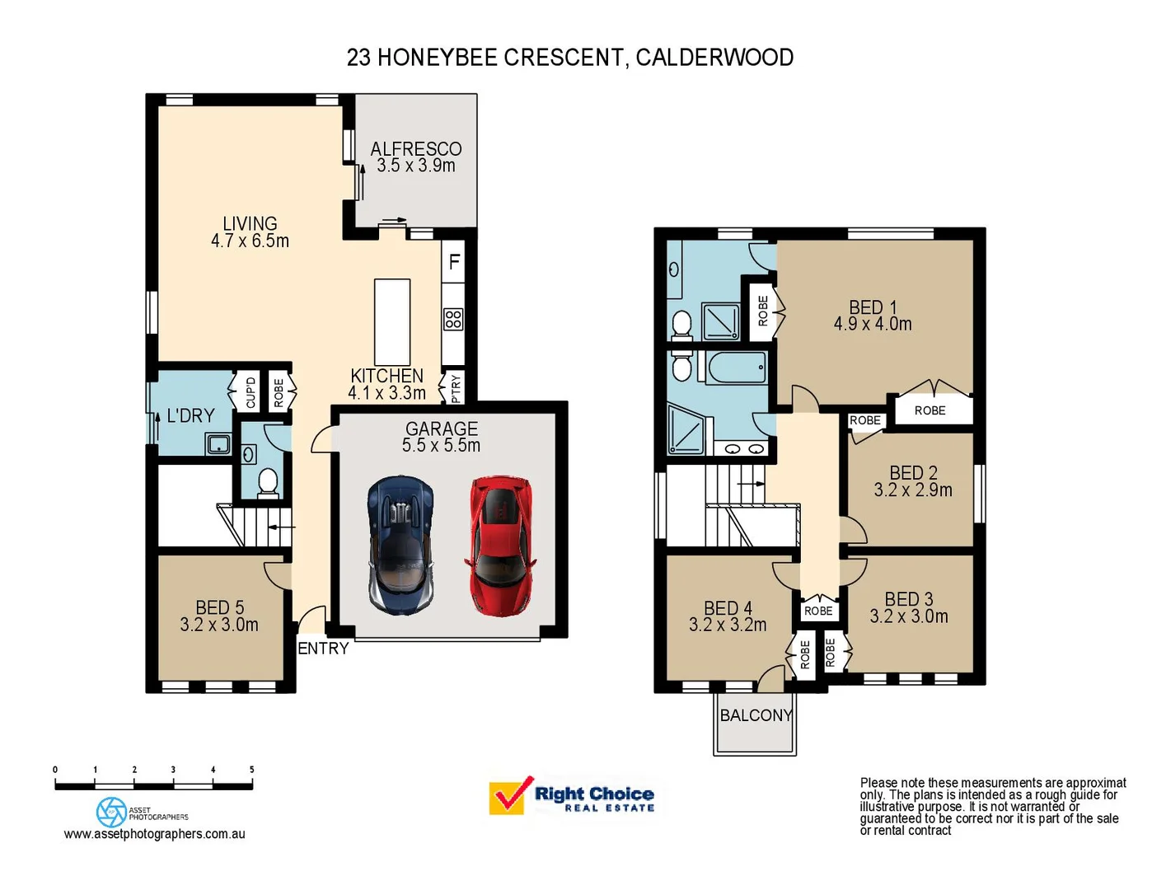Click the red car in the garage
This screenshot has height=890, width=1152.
[x=501, y=546]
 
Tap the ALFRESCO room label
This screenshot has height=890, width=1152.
[x=415, y=149]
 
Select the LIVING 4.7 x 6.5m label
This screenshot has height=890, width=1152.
[x=250, y=232]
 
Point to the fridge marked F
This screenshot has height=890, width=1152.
[x=453, y=262]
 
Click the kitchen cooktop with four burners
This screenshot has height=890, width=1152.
[x=453, y=319]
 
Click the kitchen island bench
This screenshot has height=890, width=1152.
[x=392, y=321]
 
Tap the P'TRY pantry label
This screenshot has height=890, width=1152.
[x=455, y=388]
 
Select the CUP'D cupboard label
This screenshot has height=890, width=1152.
[x=251, y=392]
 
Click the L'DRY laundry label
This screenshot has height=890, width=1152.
[x=190, y=415]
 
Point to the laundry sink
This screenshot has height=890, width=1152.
[x=218, y=445]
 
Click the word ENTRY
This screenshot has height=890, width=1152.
[x=323, y=649]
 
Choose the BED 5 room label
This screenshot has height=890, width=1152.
[x=219, y=607]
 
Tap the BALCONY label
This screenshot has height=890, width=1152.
[x=756, y=715]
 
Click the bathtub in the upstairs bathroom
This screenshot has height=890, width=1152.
[x=737, y=368]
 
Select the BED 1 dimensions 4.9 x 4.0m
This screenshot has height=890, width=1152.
[x=873, y=325]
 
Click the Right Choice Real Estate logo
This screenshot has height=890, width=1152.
[x=572, y=797]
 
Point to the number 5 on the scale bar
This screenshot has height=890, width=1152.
[x=251, y=770]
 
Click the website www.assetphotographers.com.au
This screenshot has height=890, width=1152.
[x=154, y=834]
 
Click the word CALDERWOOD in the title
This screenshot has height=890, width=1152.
[x=714, y=58]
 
